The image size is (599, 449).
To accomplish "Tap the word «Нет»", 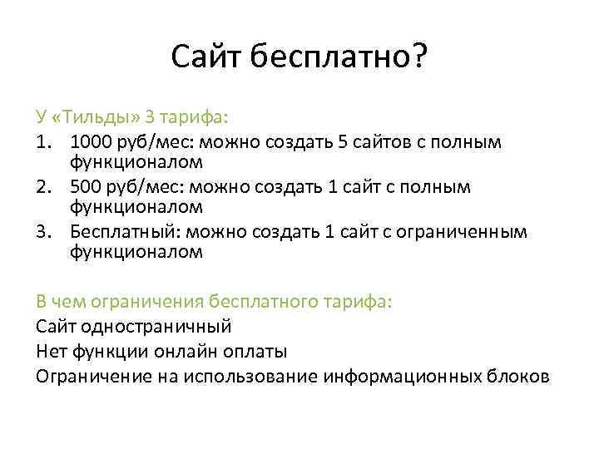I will tap(50, 350).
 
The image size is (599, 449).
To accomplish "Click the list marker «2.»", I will tap(47, 186).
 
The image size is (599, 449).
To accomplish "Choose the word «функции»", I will tap(114, 350).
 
